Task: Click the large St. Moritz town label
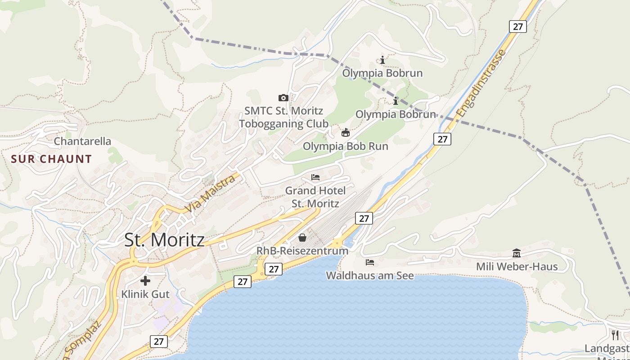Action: click(x=164, y=240)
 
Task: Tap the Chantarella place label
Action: click(x=82, y=141)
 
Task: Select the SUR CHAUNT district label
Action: click(x=51, y=159)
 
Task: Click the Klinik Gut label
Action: click(x=145, y=294)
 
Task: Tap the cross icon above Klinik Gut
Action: click(x=145, y=281)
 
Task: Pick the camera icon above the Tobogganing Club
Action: click(x=283, y=98)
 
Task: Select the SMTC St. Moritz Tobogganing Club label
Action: click(x=283, y=117)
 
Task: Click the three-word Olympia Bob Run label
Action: click(x=345, y=146)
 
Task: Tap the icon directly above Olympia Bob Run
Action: click(x=346, y=132)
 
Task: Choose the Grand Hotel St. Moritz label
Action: click(x=315, y=197)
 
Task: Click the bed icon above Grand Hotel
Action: click(x=315, y=177)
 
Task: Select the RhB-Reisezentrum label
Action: click(x=302, y=251)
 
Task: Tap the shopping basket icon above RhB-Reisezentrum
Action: click(x=302, y=237)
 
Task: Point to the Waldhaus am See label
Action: click(x=369, y=275)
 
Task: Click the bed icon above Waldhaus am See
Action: click(x=370, y=262)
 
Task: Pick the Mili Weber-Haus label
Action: click(x=517, y=267)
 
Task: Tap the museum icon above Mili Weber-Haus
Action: click(x=517, y=253)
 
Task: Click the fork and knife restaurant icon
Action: click(x=615, y=335)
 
